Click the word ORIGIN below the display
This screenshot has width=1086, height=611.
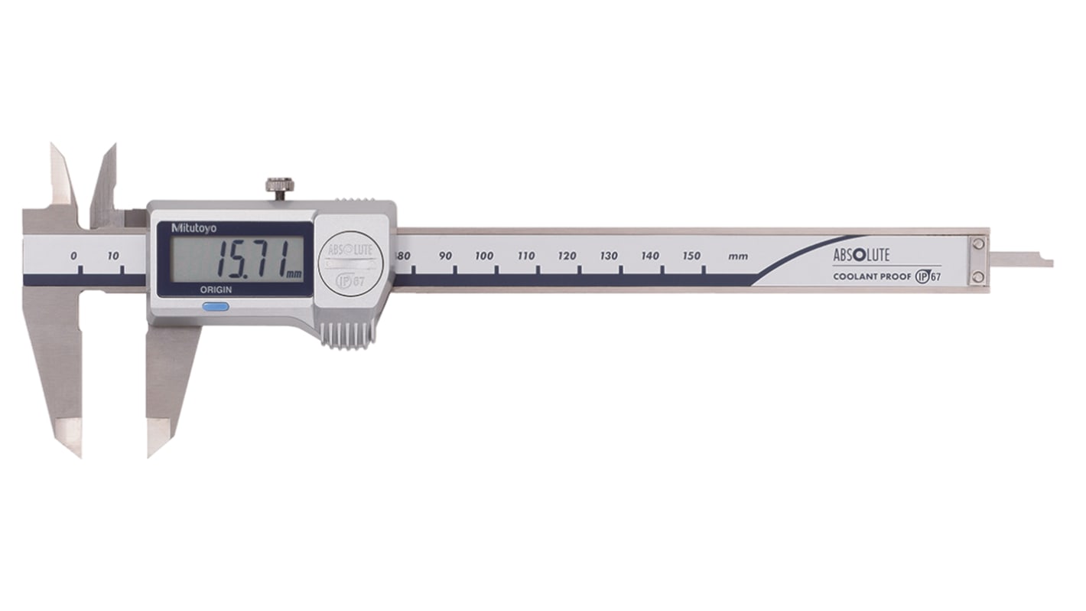pos(217,290)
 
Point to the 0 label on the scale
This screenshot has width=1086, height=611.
pos(73,256)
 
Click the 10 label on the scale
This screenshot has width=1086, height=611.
pos(113,256)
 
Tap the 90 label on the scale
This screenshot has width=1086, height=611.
pos(446,256)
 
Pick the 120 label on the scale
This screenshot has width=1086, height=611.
pos(567,256)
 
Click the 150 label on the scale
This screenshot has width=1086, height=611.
pos(691,256)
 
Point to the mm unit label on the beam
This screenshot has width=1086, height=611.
pos(738,256)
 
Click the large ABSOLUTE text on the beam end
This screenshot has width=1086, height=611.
pos(860,256)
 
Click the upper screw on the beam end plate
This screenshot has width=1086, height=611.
pos(977,244)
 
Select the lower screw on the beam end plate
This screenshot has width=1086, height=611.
pos(977,277)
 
